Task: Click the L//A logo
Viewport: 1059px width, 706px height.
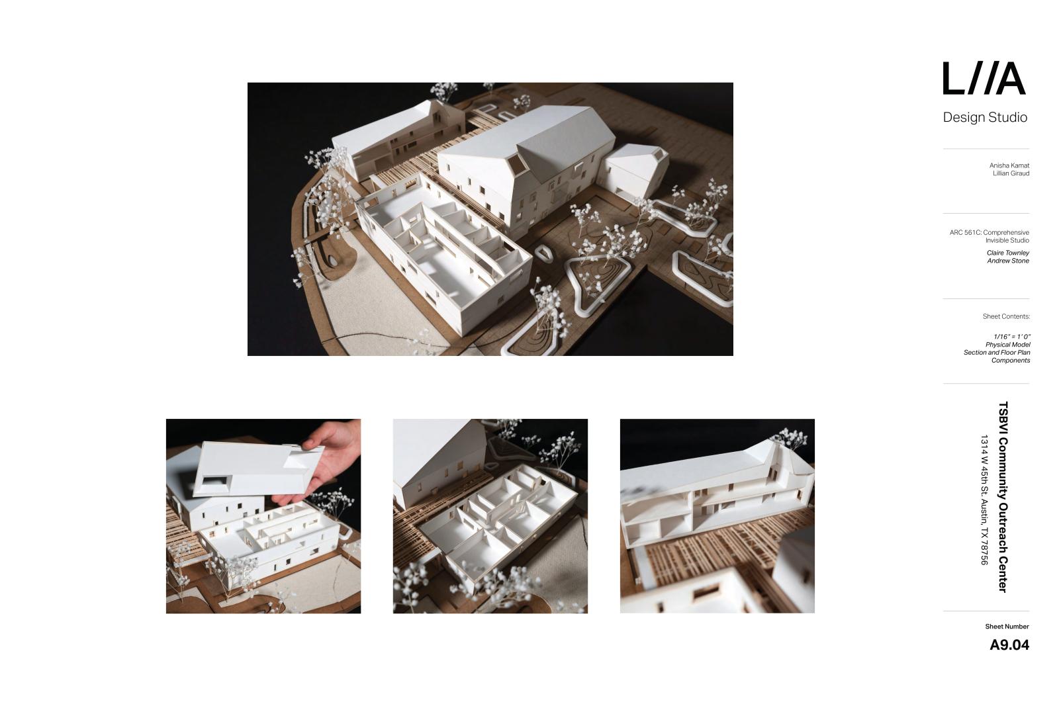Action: click(x=984, y=79)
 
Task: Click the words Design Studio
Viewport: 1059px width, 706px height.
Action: click(x=986, y=117)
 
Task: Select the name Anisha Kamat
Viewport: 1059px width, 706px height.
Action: click(x=1009, y=165)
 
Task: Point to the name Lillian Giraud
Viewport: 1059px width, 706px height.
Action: click(x=1011, y=173)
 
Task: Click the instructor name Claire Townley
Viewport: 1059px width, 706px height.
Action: click(x=1008, y=253)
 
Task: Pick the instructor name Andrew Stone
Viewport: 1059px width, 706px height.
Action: click(x=1008, y=261)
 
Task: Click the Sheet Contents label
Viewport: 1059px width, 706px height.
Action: click(x=1006, y=317)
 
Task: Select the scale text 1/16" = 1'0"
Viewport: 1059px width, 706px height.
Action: click(x=1012, y=337)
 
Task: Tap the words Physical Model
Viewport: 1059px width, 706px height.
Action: click(x=1008, y=345)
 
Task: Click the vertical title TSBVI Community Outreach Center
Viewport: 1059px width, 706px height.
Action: click(x=1003, y=497)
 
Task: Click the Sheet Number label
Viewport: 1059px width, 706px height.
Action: click(x=1007, y=627)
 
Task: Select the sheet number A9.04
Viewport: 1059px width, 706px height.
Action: click(x=1009, y=645)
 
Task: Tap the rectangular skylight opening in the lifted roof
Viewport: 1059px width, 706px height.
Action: click(x=214, y=482)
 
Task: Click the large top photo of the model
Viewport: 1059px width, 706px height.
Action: click(x=490, y=219)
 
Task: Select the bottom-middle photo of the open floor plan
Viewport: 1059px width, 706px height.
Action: click(x=490, y=516)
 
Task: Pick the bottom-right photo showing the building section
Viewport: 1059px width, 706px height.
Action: click(x=717, y=516)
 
